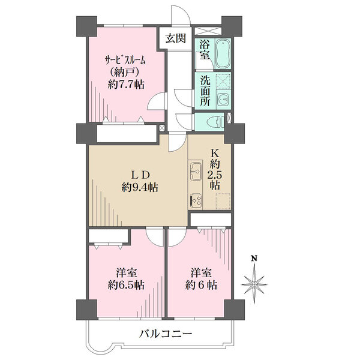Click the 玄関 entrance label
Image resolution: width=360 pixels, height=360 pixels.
(176, 38)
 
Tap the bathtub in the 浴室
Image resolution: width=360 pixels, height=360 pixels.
(223, 54)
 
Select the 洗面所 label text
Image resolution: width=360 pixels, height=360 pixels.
(205, 91)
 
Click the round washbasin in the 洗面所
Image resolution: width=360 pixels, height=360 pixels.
(223, 100)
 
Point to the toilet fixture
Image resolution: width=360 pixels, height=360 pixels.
(215, 122)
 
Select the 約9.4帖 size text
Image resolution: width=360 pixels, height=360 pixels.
(140, 188)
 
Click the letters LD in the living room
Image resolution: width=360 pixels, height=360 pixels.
(140, 175)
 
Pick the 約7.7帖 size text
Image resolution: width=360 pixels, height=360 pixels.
(126, 85)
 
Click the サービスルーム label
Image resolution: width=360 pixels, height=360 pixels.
(125, 61)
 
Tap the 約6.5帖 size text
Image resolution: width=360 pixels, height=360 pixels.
(126, 286)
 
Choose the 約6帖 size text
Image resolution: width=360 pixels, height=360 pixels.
(201, 286)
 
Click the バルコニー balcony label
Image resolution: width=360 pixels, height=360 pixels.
(166, 334)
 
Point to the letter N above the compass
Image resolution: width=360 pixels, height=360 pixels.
(254, 259)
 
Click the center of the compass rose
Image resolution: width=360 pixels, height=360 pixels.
(254, 284)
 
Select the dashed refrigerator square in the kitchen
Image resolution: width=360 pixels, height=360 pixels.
(223, 201)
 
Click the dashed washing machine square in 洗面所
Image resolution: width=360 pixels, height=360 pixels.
(224, 81)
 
